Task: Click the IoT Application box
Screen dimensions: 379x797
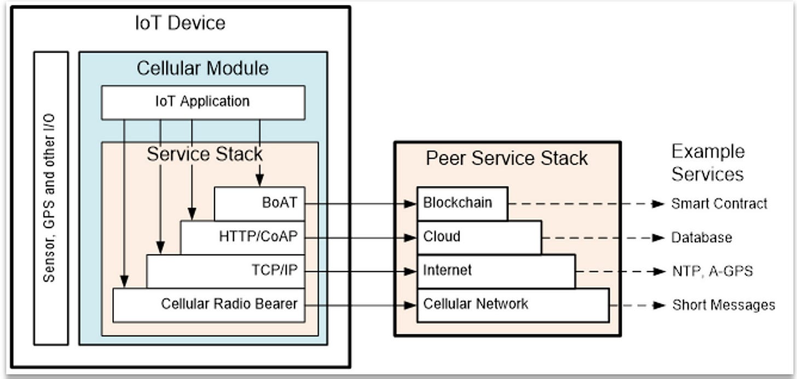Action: [203, 102]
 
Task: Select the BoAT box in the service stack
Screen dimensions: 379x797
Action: [259, 203]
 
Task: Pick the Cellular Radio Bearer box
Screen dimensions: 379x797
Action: [209, 304]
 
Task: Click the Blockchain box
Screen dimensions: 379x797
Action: [462, 203]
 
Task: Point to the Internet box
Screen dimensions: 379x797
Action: [496, 270]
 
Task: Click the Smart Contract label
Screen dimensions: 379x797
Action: [719, 203]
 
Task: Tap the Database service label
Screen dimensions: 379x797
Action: [701, 238]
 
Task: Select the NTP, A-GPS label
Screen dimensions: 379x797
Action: [712, 271]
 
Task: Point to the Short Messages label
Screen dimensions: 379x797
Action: [723, 305]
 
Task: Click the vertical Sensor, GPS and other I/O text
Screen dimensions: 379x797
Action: [50, 198]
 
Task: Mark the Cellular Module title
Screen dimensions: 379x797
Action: [203, 68]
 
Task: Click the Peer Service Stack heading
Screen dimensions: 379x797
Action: [507, 158]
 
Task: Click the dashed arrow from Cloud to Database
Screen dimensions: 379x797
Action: [602, 238]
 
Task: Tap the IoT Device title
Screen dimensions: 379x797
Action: [180, 23]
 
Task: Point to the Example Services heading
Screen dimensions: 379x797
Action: [708, 162]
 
